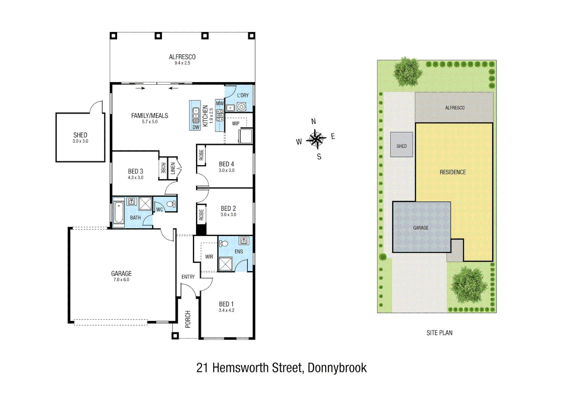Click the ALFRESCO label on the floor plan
(182, 57)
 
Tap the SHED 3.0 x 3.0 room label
(80, 136)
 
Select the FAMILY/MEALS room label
(150, 116)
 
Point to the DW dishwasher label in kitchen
(196, 127)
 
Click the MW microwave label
(220, 103)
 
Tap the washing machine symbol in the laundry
(241, 107)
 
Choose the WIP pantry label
(236, 123)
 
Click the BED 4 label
(226, 164)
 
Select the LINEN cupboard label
(173, 169)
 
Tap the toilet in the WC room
(171, 204)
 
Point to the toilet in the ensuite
(224, 243)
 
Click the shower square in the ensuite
(225, 264)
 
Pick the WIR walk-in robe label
(209, 256)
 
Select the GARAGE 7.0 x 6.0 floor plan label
(121, 274)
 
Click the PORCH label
(188, 319)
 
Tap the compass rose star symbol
(316, 139)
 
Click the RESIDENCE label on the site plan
(452, 172)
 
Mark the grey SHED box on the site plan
(401, 145)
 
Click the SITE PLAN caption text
(439, 333)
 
